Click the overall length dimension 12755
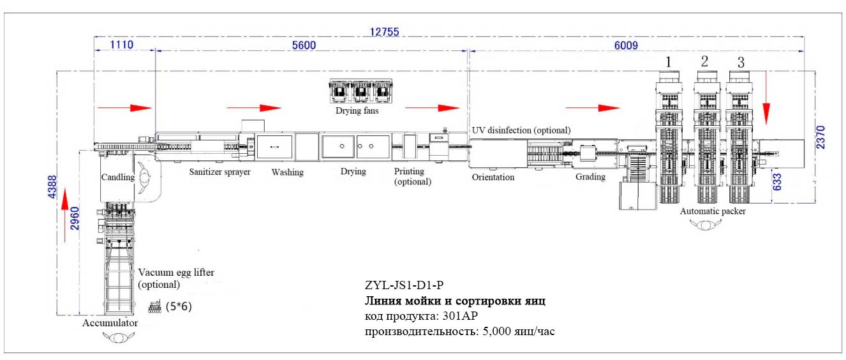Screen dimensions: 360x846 click(385, 32)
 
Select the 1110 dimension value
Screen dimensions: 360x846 click(122, 45)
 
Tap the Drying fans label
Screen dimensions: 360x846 click(357, 111)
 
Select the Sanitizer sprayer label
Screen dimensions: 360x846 click(219, 172)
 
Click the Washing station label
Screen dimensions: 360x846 click(287, 172)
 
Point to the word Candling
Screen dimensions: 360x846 click(117, 177)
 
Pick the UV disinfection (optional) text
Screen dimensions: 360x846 click(521, 130)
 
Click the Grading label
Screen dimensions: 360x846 click(590, 177)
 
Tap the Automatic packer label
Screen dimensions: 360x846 click(712, 211)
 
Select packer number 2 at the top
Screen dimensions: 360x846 click(704, 61)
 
